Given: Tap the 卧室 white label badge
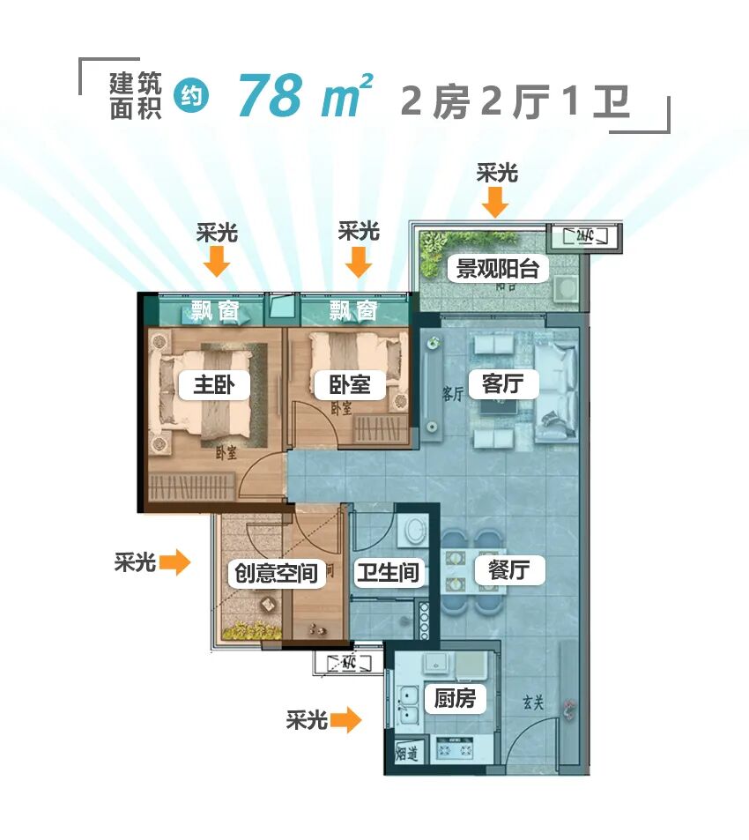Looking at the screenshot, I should pyautogui.click(x=350, y=385).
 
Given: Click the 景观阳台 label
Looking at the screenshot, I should pyautogui.click(x=497, y=268).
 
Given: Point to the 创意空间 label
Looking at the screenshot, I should pyautogui.click(x=272, y=573).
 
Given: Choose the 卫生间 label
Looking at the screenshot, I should pyautogui.click(x=388, y=573).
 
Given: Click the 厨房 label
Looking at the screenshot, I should pyautogui.click(x=455, y=699).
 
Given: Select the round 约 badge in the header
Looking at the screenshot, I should pyautogui.click(x=191, y=96).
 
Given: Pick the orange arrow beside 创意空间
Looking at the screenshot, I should pyautogui.click(x=176, y=561).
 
